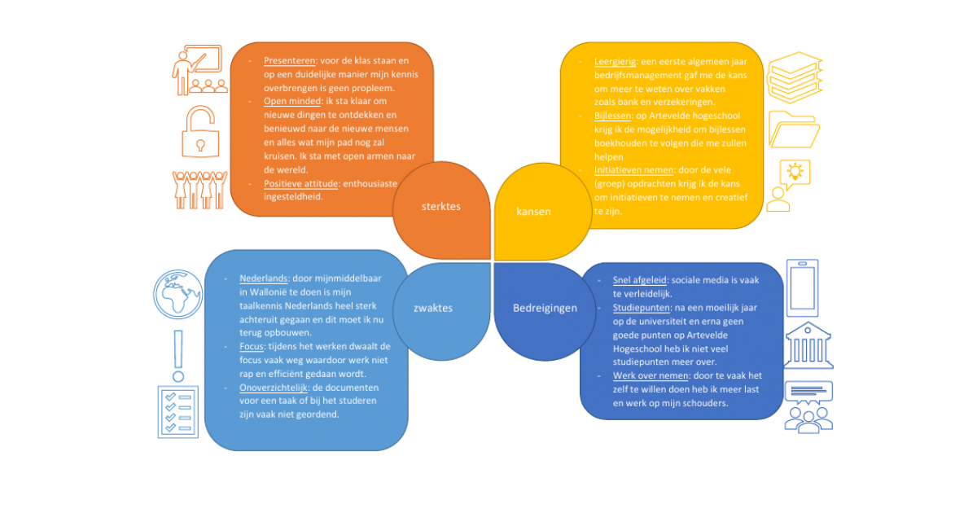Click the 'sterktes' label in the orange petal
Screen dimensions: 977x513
[x=441, y=206]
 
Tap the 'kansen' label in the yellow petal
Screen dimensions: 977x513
[x=533, y=212]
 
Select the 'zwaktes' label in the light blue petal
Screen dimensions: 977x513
[x=433, y=308]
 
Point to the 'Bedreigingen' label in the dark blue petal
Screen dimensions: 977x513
[x=545, y=308]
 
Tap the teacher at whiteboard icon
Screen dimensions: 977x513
[x=199, y=70]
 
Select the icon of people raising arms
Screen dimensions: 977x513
[x=199, y=190]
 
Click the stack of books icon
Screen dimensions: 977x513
[x=795, y=77]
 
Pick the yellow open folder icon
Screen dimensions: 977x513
[x=795, y=130]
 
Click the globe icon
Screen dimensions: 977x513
[x=178, y=295]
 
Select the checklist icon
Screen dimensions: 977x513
[x=178, y=412]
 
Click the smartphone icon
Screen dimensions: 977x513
[x=803, y=288]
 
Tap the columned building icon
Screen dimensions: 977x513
[x=808, y=345]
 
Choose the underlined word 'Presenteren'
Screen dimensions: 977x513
[x=290, y=60]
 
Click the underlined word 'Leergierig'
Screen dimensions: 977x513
[x=615, y=62]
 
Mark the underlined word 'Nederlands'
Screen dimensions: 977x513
[x=264, y=278]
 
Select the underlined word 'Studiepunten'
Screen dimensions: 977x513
[x=642, y=308]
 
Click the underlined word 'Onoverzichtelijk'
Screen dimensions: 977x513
[x=274, y=388]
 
